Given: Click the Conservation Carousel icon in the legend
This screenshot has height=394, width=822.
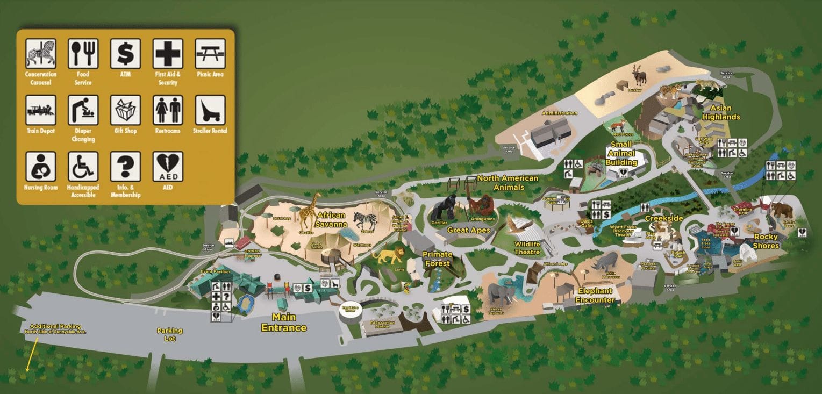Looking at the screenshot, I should [x=40, y=53].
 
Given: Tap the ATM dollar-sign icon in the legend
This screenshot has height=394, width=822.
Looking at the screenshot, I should [x=125, y=53].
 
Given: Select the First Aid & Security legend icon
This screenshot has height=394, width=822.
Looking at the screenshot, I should [x=168, y=53].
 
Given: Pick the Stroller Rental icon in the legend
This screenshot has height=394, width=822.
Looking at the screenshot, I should [x=210, y=110].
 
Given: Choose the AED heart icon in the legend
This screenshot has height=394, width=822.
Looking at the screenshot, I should [x=168, y=166].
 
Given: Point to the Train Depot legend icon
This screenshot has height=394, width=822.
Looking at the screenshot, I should [x=40, y=110].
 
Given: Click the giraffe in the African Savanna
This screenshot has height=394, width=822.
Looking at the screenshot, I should [x=309, y=213].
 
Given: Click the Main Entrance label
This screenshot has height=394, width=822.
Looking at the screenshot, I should [x=283, y=323].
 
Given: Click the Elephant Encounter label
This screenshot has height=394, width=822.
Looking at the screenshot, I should [x=595, y=296].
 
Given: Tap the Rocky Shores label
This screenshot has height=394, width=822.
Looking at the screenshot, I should [x=766, y=241].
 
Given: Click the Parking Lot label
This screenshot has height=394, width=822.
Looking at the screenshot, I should [x=169, y=334].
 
